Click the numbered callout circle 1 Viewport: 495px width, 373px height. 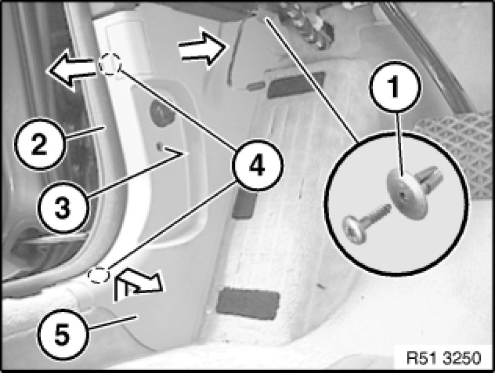[x=395, y=86]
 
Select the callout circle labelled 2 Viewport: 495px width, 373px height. [x=40, y=144]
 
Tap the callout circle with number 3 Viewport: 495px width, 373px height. [x=63, y=207]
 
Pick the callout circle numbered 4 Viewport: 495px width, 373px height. [x=257, y=165]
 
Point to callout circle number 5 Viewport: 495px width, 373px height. [x=63, y=335]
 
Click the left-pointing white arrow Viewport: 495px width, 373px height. [x=71, y=71]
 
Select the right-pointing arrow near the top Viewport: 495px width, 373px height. [x=203, y=48]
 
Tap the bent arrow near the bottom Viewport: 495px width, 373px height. [x=137, y=284]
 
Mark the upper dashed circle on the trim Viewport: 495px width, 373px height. [x=110, y=64]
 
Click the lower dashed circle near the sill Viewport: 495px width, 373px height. [x=99, y=275]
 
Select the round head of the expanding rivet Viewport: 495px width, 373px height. [x=407, y=192]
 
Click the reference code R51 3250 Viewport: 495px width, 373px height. [x=444, y=358]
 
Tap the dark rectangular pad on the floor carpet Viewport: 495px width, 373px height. [x=248, y=304]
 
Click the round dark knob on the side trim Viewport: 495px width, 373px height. [x=162, y=113]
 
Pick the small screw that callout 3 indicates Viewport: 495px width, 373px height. [x=160, y=146]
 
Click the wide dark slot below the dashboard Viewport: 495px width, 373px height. [x=295, y=84]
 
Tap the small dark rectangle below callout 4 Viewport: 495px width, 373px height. [x=244, y=205]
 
